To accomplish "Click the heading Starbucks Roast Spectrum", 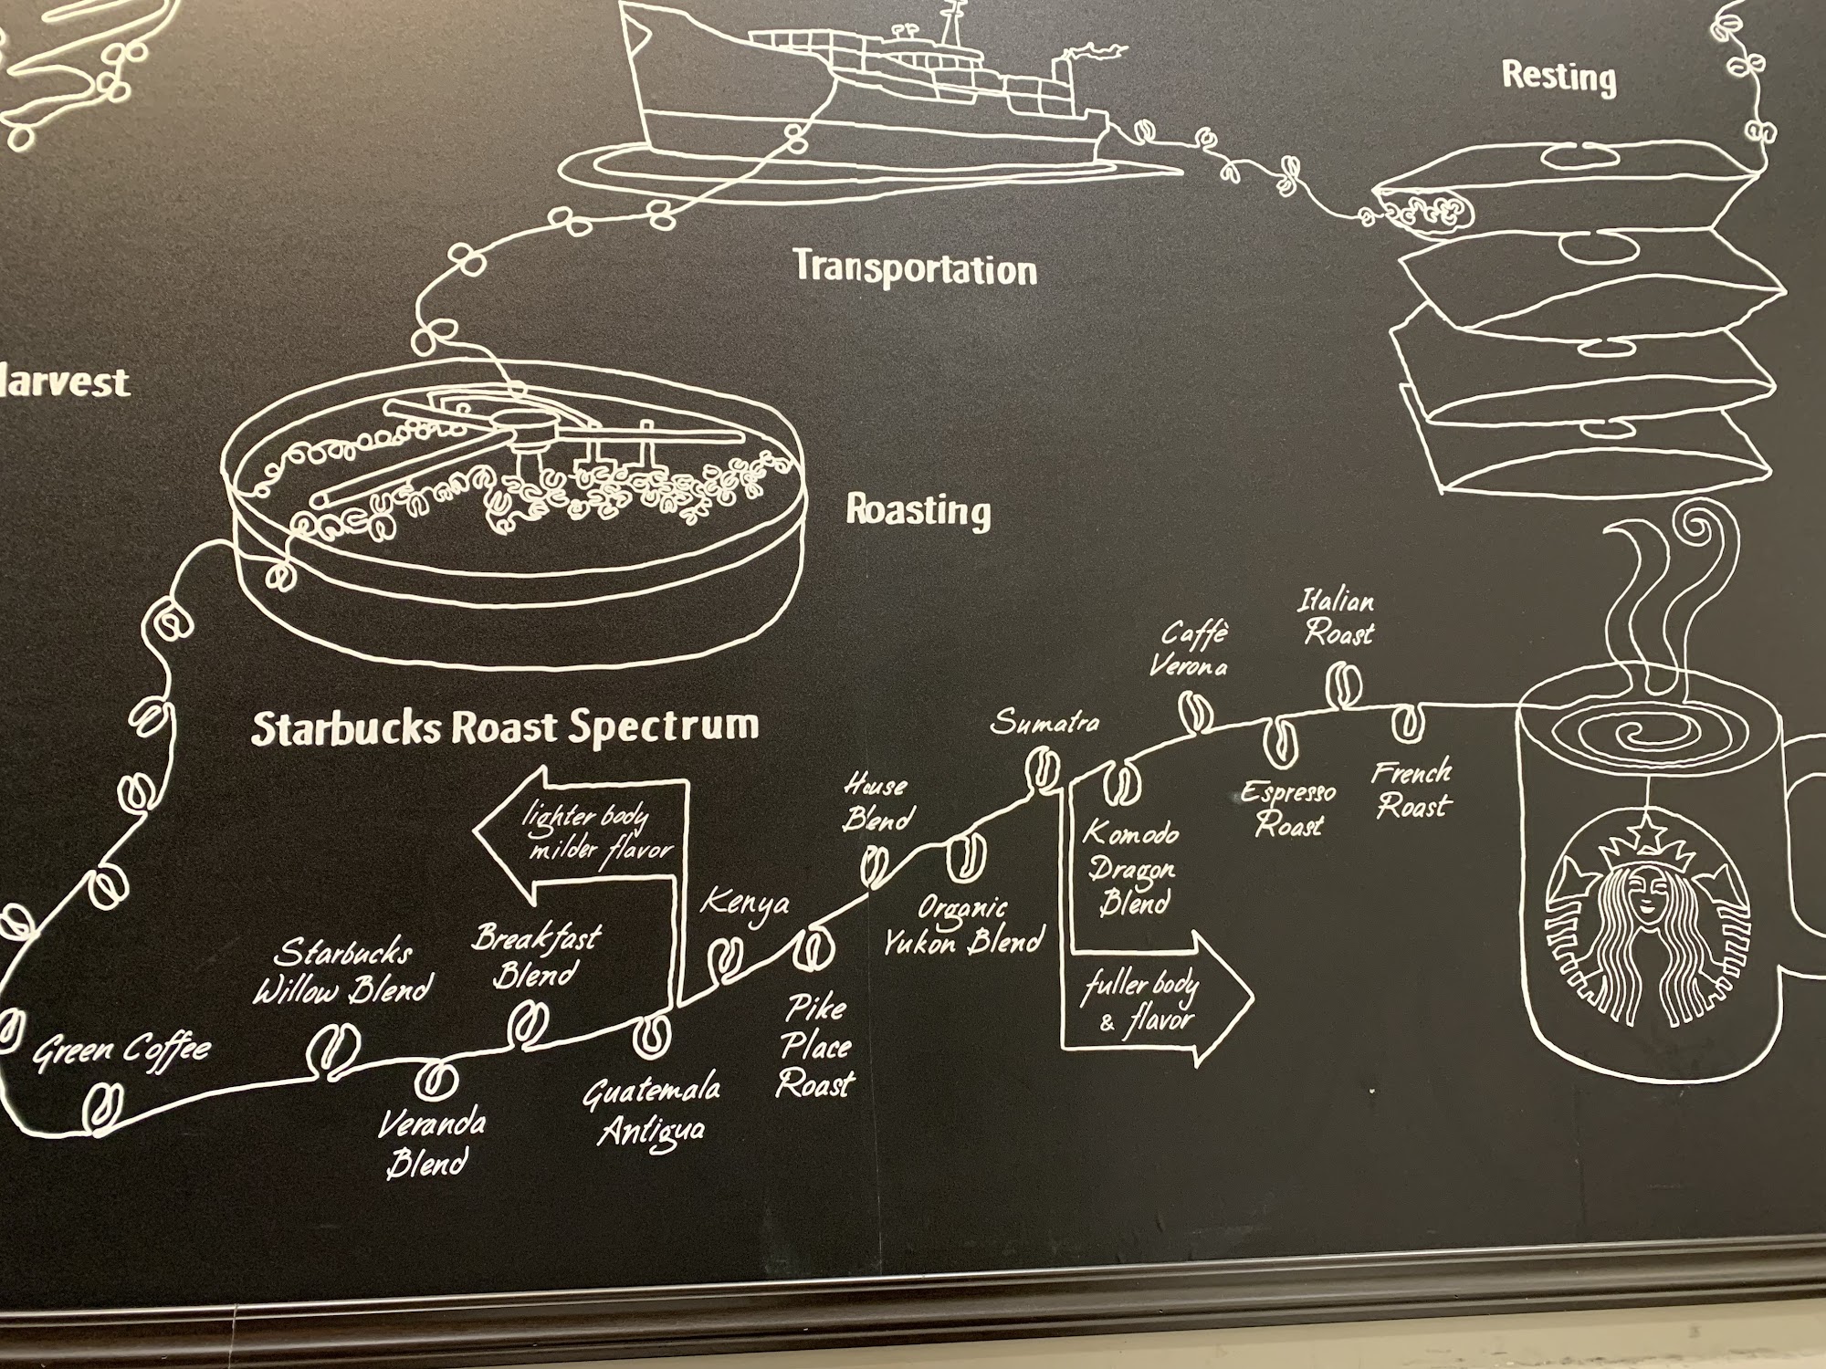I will pos(505,727).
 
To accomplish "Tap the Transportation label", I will pos(915,268).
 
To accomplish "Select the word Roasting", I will pos(918,510).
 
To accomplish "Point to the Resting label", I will pos(1558,77).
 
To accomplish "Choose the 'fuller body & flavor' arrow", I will pos(1155,999).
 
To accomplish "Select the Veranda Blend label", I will pos(431,1143).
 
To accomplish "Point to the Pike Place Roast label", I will pos(815,1046).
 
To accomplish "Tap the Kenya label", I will pos(745,904).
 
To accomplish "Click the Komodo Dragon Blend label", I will pos(1131,867).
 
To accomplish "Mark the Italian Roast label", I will pos(1338,617).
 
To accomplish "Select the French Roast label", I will pos(1412,789).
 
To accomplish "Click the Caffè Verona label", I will pos(1190,649).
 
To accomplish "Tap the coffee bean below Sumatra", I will pos(1042,768).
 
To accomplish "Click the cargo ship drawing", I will pos(867,91).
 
